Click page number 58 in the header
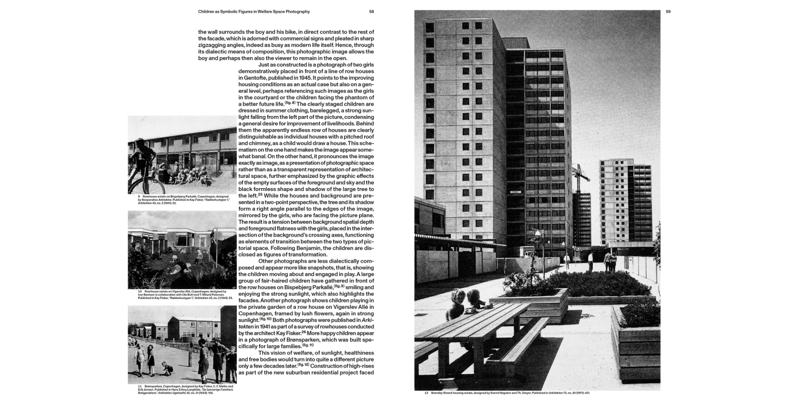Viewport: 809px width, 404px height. [x=372, y=12]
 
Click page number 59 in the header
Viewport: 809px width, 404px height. [x=668, y=12]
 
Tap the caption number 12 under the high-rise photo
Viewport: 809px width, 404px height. [x=426, y=393]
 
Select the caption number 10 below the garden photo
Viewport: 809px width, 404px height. [x=140, y=291]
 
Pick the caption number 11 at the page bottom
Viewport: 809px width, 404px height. [x=139, y=386]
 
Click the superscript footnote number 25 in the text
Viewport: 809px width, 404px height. [x=260, y=194]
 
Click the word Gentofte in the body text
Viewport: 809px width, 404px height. [x=254, y=77]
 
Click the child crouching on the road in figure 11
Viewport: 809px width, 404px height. [x=167, y=368]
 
